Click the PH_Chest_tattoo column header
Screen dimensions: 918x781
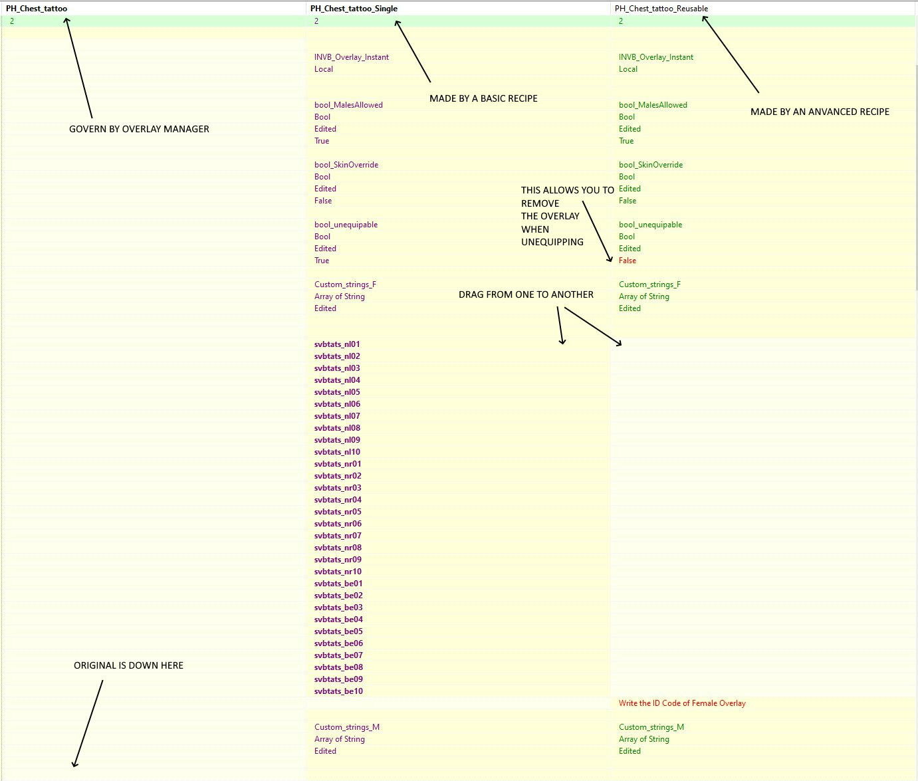point(37,9)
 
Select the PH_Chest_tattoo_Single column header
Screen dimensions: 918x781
point(354,9)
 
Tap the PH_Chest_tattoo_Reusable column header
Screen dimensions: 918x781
point(661,9)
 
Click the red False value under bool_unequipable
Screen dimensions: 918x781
point(627,261)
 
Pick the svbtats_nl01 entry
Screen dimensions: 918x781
point(337,344)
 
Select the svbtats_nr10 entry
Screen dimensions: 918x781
point(338,572)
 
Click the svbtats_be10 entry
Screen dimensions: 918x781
point(338,691)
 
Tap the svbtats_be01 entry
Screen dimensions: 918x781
point(338,584)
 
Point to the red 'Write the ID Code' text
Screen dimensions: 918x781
point(682,703)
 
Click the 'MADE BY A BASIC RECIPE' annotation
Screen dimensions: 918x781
point(483,98)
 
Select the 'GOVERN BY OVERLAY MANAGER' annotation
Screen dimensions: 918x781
point(139,129)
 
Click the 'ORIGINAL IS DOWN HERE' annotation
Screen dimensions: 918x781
point(128,665)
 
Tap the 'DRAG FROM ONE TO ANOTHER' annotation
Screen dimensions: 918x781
point(526,295)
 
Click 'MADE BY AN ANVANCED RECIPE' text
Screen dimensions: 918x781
point(820,112)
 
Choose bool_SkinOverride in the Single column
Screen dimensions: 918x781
point(346,165)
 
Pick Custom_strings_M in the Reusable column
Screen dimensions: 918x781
point(651,727)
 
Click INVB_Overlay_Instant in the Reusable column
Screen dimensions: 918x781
point(656,57)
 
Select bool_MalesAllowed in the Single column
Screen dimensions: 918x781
point(348,105)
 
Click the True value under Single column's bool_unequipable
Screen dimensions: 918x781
point(322,261)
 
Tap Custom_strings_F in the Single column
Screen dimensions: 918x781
point(345,284)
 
